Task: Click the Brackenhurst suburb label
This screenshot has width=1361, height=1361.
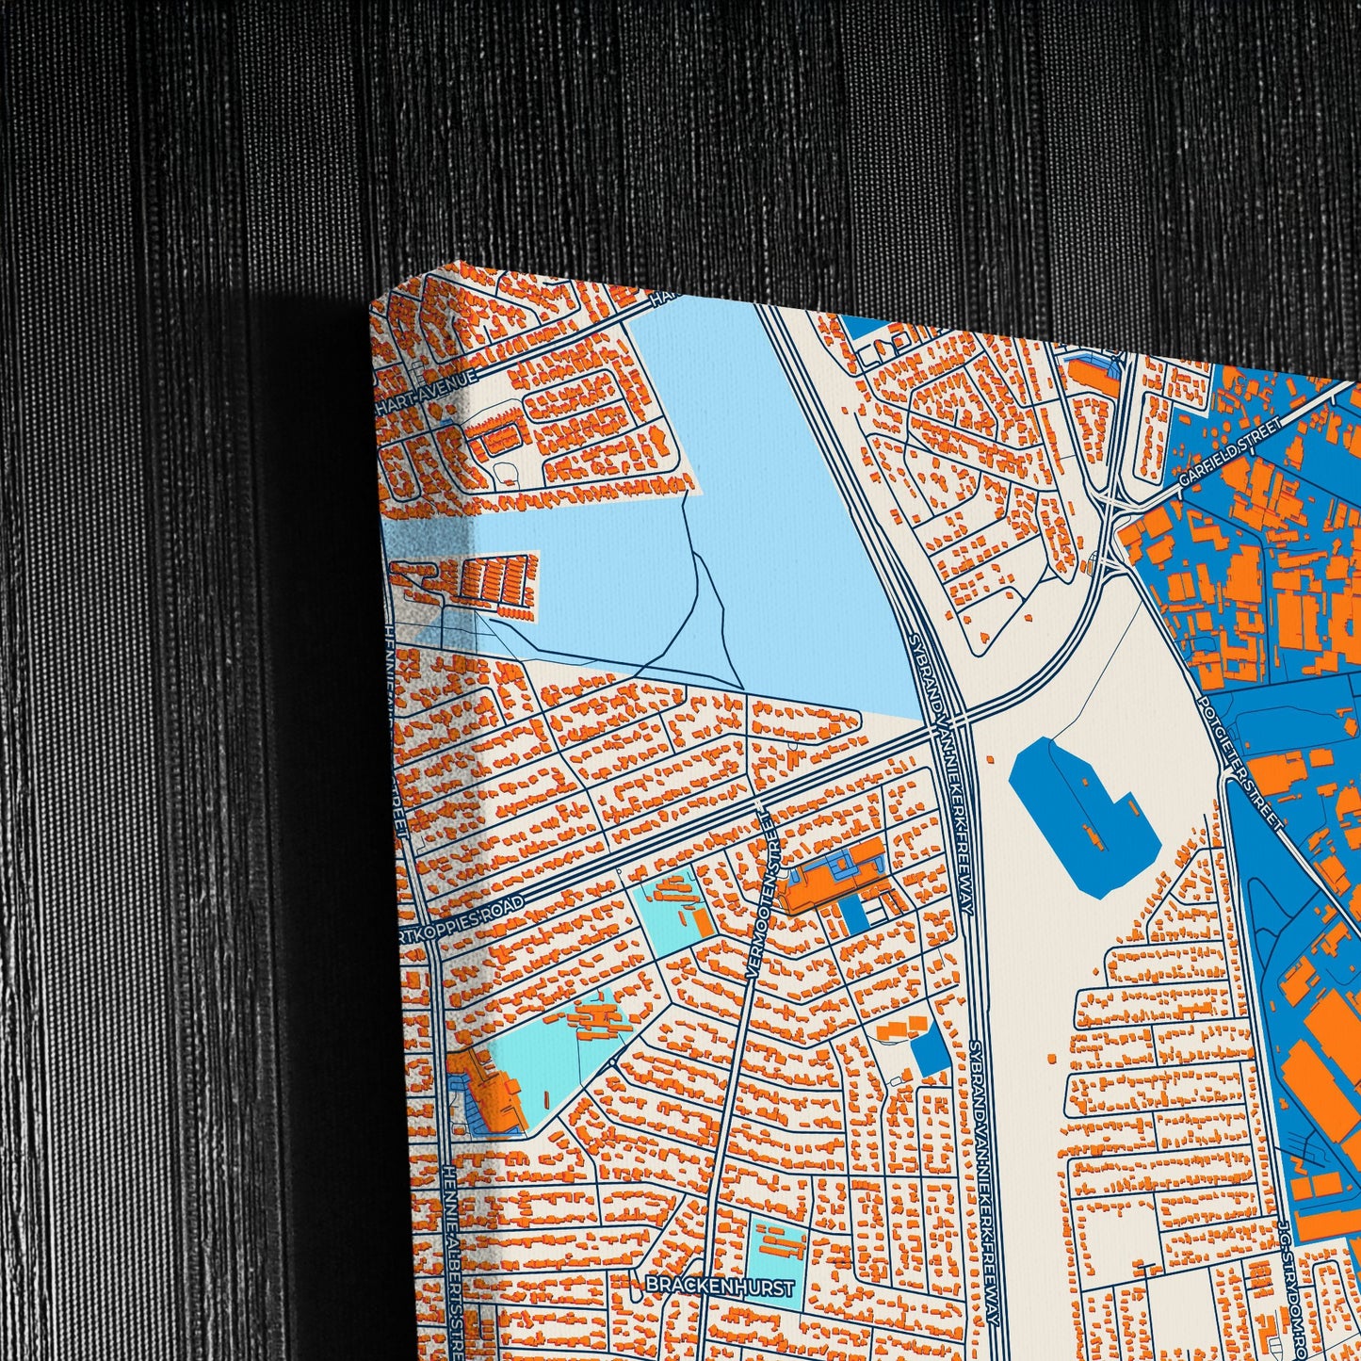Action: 721,1287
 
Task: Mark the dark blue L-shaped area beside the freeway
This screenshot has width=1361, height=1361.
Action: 1083,815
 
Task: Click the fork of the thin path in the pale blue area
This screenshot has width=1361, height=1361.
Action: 697,556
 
